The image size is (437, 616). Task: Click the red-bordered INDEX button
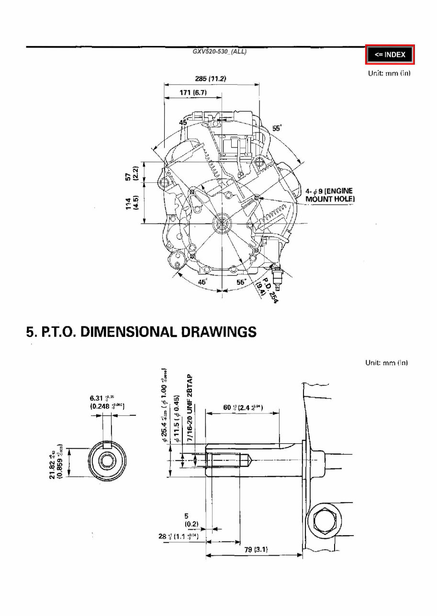click(390, 55)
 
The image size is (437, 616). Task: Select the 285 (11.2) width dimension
click(211, 78)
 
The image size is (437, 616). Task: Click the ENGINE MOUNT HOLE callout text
click(330, 195)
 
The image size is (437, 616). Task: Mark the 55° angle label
click(277, 128)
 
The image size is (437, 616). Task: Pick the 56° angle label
click(242, 282)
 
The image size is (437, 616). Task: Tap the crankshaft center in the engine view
click(222, 223)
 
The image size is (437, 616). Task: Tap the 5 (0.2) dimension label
click(187, 520)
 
